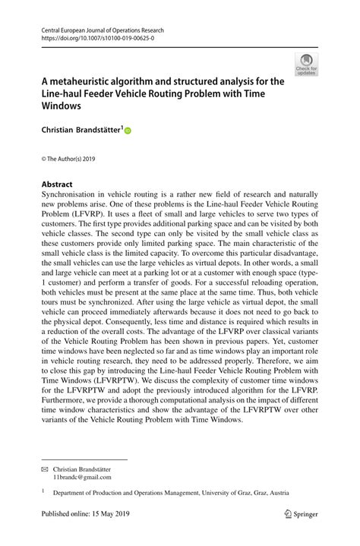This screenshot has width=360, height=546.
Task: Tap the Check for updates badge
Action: (x=307, y=65)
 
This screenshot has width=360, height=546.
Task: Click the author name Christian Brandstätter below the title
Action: (x=81, y=130)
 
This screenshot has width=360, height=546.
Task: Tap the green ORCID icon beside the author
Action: (x=128, y=131)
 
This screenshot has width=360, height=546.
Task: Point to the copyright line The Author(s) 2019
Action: (x=69, y=158)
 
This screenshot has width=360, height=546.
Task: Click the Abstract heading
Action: (x=57, y=185)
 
